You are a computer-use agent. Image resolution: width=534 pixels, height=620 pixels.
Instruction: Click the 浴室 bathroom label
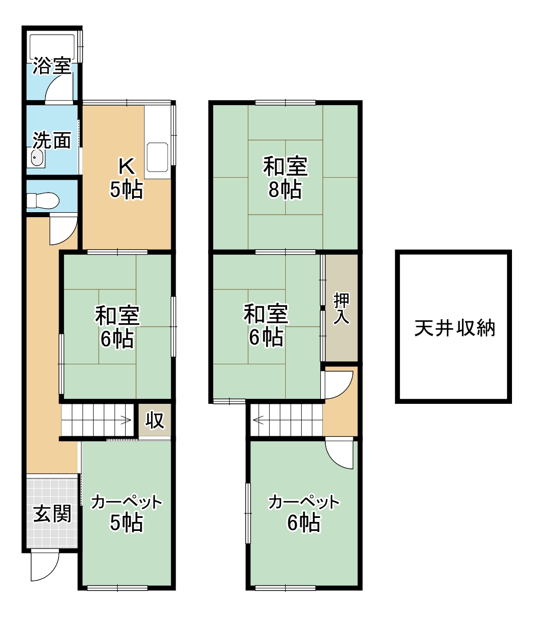tap(52, 66)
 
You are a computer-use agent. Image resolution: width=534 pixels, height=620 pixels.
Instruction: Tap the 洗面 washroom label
tap(52, 140)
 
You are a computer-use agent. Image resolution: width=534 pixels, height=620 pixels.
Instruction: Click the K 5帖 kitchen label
tap(126, 178)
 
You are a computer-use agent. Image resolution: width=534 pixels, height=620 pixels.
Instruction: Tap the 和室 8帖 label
tap(285, 178)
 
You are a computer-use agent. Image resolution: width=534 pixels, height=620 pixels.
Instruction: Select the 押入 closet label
tap(341, 308)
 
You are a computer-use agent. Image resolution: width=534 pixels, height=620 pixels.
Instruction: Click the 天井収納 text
tap(454, 328)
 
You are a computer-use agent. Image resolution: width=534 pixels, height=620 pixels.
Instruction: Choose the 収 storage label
tap(155, 420)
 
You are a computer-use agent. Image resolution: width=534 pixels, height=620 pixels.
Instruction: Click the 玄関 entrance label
tap(52, 513)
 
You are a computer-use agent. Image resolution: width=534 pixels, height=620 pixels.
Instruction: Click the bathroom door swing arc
tap(58, 89)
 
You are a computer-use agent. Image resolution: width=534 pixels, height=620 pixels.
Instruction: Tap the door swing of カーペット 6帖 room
tap(340, 454)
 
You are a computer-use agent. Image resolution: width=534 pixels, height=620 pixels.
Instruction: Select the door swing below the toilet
tap(63, 229)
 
